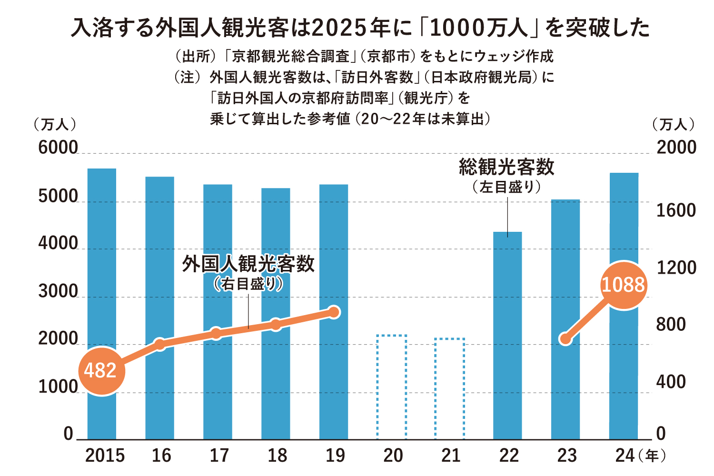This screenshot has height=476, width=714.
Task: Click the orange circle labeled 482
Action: (101, 370)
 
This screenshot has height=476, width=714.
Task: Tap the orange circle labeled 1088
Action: (623, 285)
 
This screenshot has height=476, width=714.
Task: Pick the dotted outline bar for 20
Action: (392, 387)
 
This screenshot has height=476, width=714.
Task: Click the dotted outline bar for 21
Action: (450, 388)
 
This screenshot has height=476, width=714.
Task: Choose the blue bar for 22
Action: (507, 335)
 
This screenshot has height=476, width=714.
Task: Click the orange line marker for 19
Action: (334, 312)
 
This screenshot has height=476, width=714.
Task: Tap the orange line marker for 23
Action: (565, 339)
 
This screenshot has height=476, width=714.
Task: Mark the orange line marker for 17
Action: (216, 333)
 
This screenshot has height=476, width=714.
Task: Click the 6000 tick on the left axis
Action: (58, 148)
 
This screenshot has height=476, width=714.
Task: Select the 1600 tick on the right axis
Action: (676, 210)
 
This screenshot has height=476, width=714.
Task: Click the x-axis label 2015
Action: (105, 456)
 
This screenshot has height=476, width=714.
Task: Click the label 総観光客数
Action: (507, 167)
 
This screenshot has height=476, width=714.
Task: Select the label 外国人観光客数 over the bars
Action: (248, 264)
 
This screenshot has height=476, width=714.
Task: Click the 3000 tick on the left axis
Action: (58, 291)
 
